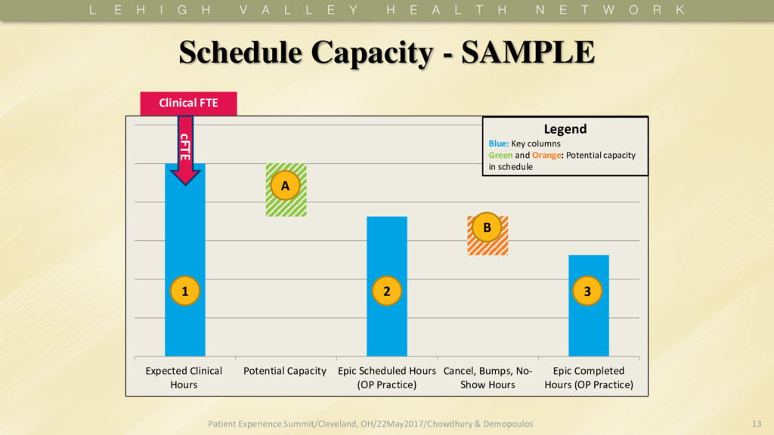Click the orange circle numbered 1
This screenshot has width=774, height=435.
pos(184,291)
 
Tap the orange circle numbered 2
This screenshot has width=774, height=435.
pos(386,291)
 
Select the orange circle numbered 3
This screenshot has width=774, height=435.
pos(587,291)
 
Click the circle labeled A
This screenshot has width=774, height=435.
pos(285,186)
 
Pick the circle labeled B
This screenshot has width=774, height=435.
pos(487,227)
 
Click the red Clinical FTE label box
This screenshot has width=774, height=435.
pos(188,103)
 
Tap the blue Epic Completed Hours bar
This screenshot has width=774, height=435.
pos(588,325)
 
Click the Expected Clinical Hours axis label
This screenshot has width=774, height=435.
pos(184,378)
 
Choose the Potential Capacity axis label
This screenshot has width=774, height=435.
pos(285,371)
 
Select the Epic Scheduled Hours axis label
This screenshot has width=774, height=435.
pos(386,378)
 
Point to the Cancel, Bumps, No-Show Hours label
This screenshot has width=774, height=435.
pos(488,378)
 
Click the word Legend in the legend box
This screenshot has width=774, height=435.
pos(565,129)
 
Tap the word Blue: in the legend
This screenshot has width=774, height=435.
pos(499,143)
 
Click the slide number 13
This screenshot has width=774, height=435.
pos(757,424)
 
